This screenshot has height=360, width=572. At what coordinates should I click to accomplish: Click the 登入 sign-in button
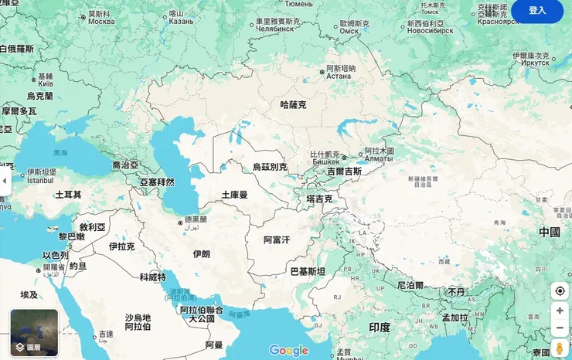pos(537,11)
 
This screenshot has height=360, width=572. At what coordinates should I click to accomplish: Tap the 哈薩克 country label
pos(293,104)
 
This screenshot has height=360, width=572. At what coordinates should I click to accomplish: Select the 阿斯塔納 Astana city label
pos(340,72)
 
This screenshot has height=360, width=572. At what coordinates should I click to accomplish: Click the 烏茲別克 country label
pos(270,167)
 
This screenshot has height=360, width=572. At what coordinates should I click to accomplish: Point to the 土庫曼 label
pos(234,195)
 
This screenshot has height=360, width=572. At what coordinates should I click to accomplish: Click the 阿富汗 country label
pos(276,240)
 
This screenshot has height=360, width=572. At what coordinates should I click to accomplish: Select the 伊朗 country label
pos(201,253)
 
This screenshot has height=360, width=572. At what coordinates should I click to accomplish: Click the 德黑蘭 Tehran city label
pos(196,220)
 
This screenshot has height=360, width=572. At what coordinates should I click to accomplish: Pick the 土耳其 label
pos(68,194)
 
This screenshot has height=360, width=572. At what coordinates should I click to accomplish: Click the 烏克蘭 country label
pos(40,97)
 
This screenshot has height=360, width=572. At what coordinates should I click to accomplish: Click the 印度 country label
pos(379,328)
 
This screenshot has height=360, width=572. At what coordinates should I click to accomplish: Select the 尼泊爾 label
pos(410,285)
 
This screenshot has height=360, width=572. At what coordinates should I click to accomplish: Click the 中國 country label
pos(550,232)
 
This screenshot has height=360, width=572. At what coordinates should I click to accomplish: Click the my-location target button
pos(560,290)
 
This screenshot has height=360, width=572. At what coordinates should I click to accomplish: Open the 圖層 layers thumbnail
pos(34,333)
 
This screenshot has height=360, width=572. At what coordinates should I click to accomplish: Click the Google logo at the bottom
pos(288,351)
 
